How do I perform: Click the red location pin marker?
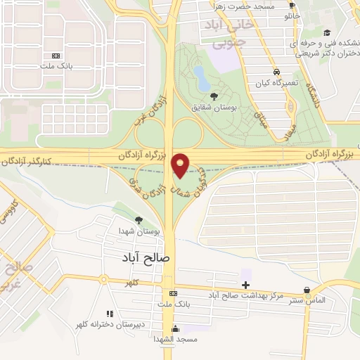point(181,165)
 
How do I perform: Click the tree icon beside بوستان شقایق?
point(214,96)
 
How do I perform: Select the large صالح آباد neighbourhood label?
point(145,258)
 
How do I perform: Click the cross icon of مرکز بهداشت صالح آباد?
point(245,285)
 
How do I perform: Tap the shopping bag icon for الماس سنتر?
point(307,289)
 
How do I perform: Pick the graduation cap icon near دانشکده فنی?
point(327,32)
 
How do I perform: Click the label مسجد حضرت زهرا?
point(245,6)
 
